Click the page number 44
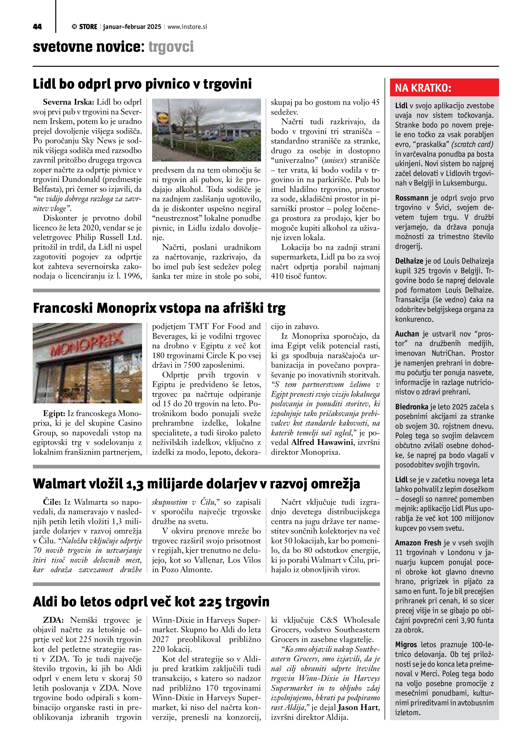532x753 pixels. tap(37, 27)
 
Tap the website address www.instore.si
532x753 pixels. tap(187, 27)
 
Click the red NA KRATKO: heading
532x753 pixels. tap(423, 88)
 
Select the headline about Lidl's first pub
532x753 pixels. tap(142, 84)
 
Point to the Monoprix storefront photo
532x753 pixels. tap(88, 363)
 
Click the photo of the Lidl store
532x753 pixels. tap(206, 130)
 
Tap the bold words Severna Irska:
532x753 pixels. tap(68, 102)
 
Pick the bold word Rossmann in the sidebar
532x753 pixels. tap(412, 198)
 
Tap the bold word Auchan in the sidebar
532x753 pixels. tap(407, 334)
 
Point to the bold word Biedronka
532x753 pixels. tap(412, 407)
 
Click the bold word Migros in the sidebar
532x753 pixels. tap(406, 645)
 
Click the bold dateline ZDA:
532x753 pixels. tap(53, 620)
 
